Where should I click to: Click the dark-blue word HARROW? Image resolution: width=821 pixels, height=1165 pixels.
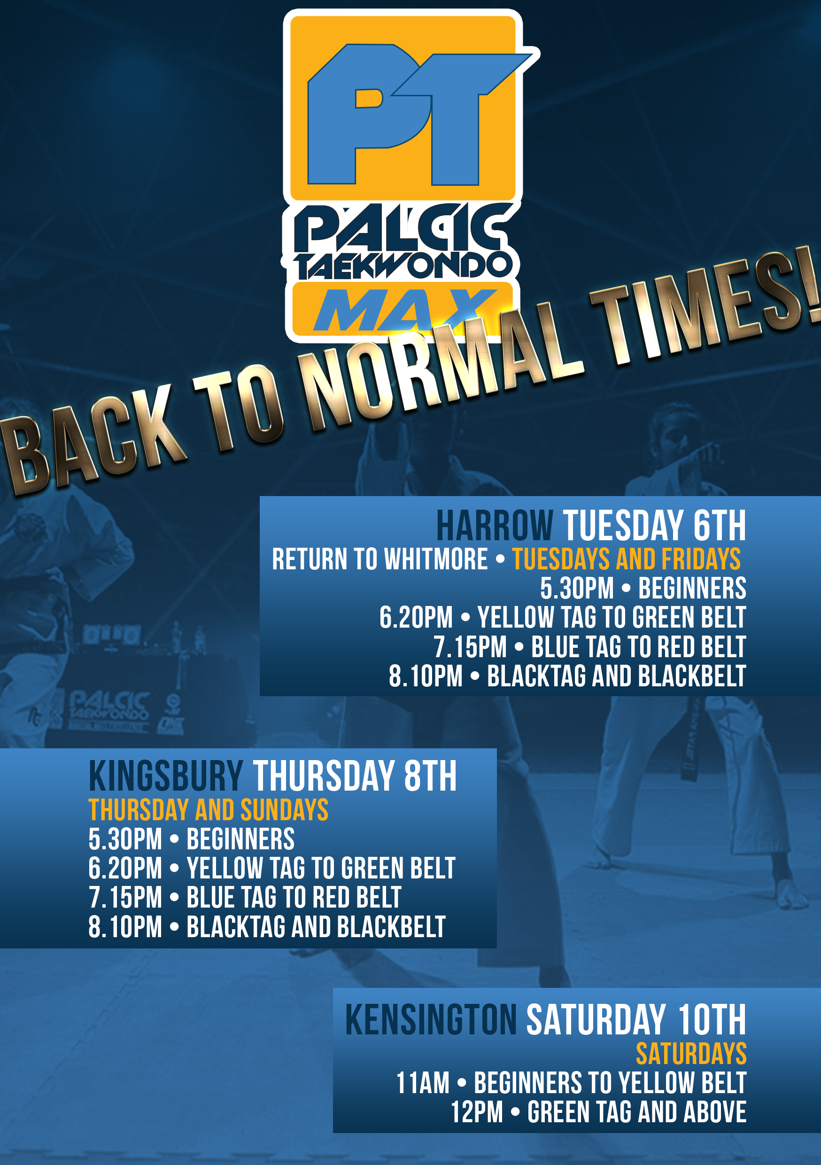coord(495,526)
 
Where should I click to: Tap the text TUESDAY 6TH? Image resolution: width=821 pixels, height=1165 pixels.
coord(655,526)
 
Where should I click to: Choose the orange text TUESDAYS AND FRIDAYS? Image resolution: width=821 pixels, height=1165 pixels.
coord(626,559)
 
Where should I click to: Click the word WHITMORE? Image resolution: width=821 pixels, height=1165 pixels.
coord(436,559)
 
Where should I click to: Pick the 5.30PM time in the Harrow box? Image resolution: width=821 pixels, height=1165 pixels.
coord(577,589)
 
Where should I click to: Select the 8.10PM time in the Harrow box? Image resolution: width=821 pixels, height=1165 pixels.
coord(426,676)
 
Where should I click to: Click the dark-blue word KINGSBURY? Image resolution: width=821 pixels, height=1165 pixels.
coord(166,776)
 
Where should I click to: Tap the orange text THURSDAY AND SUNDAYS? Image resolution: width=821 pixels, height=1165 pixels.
coord(209,809)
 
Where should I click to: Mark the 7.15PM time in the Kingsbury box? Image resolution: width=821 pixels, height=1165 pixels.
coord(125,898)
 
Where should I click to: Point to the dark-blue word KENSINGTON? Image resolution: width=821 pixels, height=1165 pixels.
coord(431,1020)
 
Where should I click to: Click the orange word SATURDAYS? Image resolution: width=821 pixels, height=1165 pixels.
coord(691,1053)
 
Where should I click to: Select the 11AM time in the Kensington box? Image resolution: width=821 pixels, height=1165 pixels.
coord(423,1083)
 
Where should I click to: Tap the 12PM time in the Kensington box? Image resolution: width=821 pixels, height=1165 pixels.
coord(477,1112)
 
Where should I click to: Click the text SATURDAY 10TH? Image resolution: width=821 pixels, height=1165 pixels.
coord(636,1020)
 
